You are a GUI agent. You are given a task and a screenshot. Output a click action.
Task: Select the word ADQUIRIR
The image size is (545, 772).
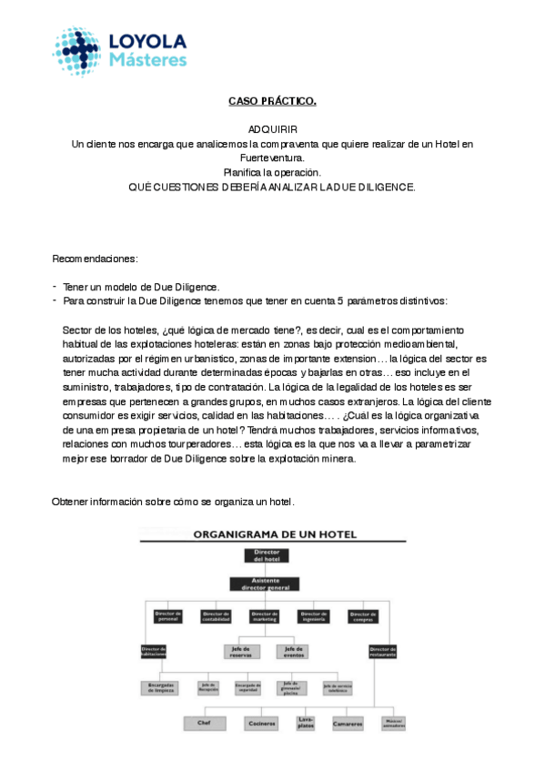click(x=272, y=130)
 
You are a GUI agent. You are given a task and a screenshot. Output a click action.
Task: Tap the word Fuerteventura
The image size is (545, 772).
click(x=272, y=157)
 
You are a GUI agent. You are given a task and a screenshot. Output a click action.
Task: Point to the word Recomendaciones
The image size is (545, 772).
click(x=95, y=259)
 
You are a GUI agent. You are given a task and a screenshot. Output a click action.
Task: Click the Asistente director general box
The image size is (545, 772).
click(x=267, y=584)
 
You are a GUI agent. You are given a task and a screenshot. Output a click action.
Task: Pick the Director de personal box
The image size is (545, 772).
click(x=168, y=616)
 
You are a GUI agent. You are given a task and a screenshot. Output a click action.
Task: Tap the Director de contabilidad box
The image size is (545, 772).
click(x=217, y=616)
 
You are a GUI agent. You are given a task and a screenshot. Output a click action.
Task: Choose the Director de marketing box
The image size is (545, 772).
click(x=266, y=616)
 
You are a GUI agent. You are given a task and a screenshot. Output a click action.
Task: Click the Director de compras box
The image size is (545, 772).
click(x=364, y=616)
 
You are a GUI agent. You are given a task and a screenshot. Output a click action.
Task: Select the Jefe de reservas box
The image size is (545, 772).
click(x=241, y=651)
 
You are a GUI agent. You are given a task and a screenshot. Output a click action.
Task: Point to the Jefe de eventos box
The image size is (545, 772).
click(x=292, y=651)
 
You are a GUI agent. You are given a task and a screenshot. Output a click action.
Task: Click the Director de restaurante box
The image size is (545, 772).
click(x=383, y=651)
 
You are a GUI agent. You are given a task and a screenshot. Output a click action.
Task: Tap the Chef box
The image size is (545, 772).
click(x=205, y=724)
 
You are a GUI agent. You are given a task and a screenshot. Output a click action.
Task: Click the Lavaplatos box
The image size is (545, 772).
click(x=306, y=723)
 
